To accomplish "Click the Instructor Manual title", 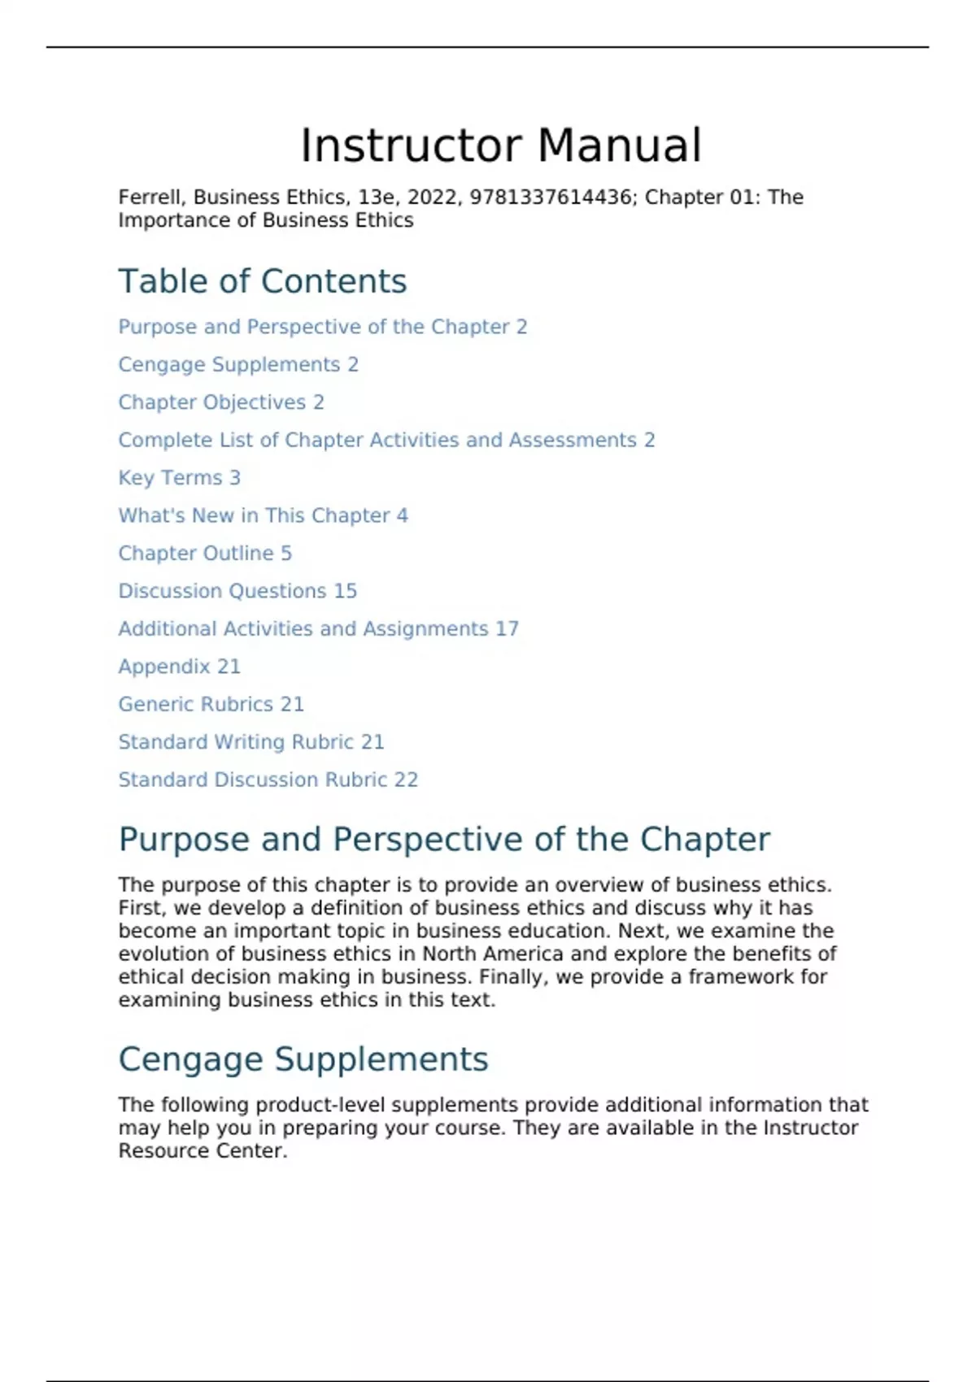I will (x=500, y=146).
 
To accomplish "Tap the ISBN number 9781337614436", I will (x=550, y=198).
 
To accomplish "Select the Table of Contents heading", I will (x=262, y=281).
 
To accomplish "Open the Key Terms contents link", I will (x=179, y=478).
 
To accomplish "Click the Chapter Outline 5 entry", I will (x=204, y=554).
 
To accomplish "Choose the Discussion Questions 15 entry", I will (x=237, y=591).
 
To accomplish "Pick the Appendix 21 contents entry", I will (x=179, y=667).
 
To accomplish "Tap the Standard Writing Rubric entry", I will (x=251, y=742).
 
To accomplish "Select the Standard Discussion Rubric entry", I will (x=268, y=780).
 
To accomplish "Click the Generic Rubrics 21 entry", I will (x=211, y=704).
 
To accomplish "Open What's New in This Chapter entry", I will (x=263, y=515).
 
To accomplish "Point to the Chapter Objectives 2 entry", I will (x=220, y=402).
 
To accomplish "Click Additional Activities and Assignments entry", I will (x=318, y=629).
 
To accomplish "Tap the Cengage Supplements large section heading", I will (x=303, y=1059).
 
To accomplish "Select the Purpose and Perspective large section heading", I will (x=443, y=840).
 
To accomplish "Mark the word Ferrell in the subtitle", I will (x=152, y=198).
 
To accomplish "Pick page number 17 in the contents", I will (x=507, y=629).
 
